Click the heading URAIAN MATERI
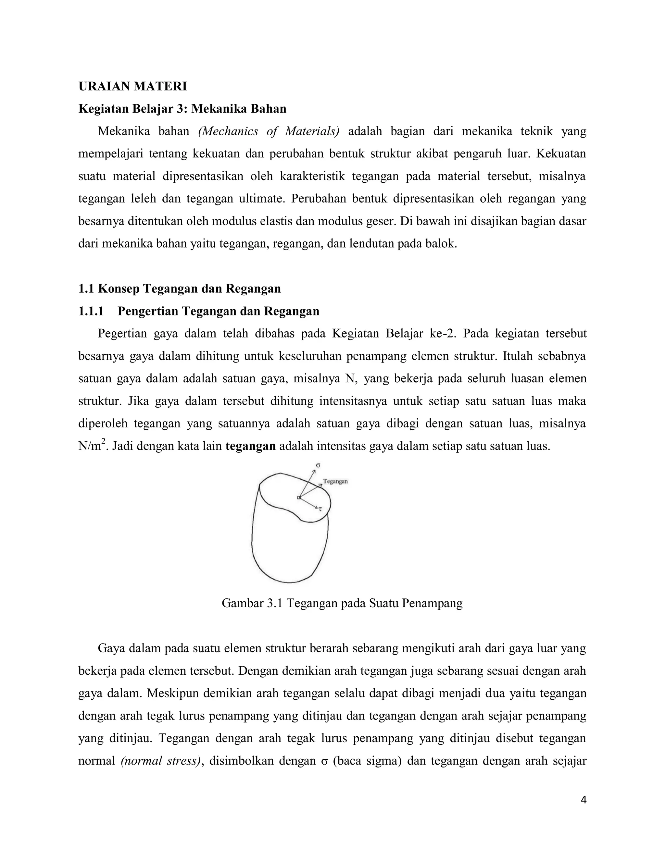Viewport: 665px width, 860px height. (132, 86)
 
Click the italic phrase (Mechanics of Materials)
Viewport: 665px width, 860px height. (269, 131)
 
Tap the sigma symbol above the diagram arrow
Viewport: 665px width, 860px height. (318, 465)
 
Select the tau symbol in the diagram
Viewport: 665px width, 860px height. (320, 509)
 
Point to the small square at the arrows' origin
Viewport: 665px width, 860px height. (299, 498)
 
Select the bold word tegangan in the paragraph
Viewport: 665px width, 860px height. (251, 446)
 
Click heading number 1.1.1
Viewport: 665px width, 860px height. (91, 311)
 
